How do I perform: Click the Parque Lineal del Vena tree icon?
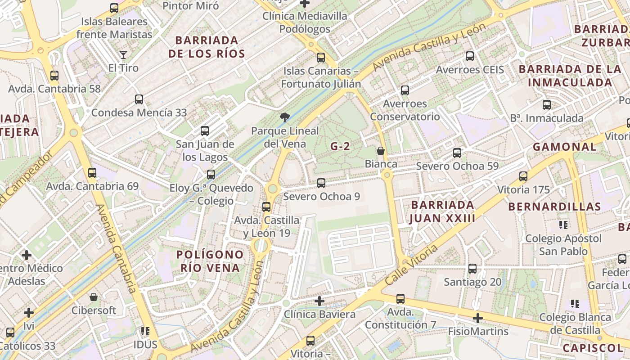284,118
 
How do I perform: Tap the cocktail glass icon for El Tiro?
123,55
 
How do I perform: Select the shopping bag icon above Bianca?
381,151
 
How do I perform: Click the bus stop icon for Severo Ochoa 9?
321,183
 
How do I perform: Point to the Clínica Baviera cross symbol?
319,301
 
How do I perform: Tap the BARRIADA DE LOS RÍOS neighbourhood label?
207,47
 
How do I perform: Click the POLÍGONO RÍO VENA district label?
210,261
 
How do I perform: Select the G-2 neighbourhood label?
340,146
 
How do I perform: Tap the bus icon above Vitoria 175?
523,176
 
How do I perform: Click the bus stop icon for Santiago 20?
472,269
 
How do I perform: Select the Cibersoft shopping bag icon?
94,297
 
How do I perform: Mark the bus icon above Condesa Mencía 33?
139,99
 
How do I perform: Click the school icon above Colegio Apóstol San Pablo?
563,225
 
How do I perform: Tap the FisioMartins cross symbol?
478,319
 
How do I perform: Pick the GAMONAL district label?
564,147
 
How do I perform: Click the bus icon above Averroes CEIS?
470,56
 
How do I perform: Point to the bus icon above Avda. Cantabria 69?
92,172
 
